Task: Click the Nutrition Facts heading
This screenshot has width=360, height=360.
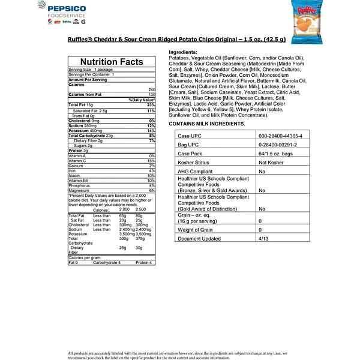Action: click(112, 62)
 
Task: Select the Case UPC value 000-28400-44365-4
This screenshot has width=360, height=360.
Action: click(280, 136)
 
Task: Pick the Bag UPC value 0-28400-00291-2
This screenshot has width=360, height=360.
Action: click(277, 145)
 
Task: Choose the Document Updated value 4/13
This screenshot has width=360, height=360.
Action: click(262, 238)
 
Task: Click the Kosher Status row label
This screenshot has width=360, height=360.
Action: click(194, 163)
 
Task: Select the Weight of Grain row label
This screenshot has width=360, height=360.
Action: click(196, 229)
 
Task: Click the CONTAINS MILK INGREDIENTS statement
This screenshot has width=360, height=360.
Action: click(207, 123)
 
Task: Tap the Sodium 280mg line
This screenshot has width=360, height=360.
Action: click(80, 125)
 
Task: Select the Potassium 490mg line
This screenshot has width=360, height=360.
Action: click(83, 130)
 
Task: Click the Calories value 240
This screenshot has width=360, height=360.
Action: click(151, 89)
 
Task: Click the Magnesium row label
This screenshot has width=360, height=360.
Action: click(80, 190)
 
